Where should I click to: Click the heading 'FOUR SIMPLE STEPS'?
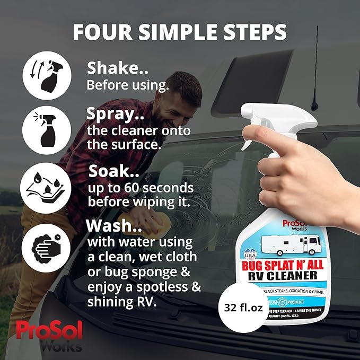tap(180, 31)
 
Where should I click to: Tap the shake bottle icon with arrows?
tap(46, 75)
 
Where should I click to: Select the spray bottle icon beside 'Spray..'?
tap(46, 129)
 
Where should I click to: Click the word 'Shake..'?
tap(118, 68)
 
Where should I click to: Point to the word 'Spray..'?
tap(117, 114)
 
